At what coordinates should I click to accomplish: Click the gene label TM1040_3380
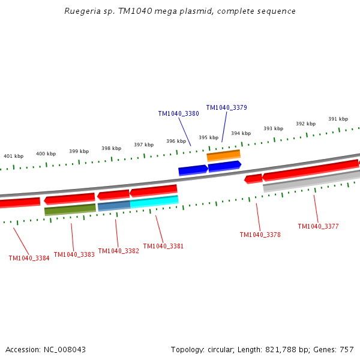[x=178, y=113]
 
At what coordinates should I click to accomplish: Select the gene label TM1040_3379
[x=226, y=107]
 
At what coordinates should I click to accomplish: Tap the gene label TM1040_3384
[x=29, y=258]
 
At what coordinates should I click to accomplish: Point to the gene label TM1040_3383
[x=74, y=254]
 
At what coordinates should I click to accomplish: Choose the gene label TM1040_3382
[x=118, y=251]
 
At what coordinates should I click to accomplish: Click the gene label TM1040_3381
[x=163, y=246]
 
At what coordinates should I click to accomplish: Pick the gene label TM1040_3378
[x=260, y=235]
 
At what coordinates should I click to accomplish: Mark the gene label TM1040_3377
[x=318, y=226]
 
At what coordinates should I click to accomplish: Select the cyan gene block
[x=154, y=202]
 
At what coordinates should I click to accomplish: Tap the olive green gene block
[x=70, y=209]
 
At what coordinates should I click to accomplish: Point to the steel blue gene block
[x=113, y=206]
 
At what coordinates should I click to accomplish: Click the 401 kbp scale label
[x=13, y=156]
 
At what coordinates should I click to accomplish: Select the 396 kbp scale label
[x=176, y=141]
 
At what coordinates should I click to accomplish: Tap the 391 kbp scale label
[x=338, y=119]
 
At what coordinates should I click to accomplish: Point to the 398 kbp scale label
[x=111, y=148]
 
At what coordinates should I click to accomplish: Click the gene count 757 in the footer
[x=346, y=349]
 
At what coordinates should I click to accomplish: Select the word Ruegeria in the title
[x=82, y=11]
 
